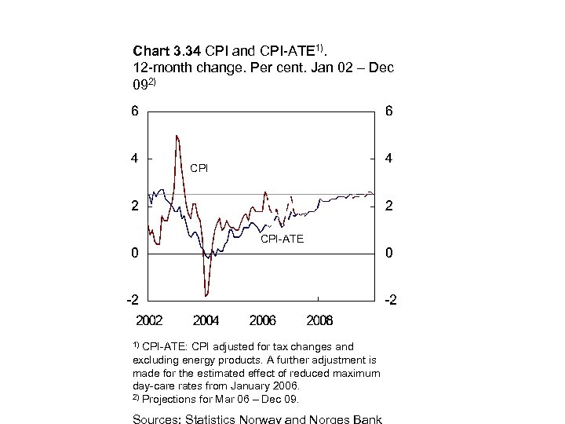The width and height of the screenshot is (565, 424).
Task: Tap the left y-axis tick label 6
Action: pyautogui.click(x=136, y=111)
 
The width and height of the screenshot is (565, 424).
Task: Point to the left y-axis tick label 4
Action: pyautogui.click(x=136, y=159)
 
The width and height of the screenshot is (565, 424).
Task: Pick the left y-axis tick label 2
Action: pyautogui.click(x=136, y=207)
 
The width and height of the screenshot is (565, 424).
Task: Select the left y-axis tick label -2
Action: pyautogui.click(x=133, y=301)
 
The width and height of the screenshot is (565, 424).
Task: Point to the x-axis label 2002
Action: pyautogui.click(x=149, y=320)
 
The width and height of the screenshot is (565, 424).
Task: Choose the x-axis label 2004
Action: pyautogui.click(x=206, y=320)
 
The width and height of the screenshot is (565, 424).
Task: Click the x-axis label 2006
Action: pyautogui.click(x=263, y=320)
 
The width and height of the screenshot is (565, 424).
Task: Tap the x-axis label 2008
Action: pyautogui.click(x=319, y=320)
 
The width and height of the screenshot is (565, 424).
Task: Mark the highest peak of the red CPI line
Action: pyautogui.click(x=177, y=136)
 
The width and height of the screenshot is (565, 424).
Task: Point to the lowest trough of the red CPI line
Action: pyautogui.click(x=206, y=296)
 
